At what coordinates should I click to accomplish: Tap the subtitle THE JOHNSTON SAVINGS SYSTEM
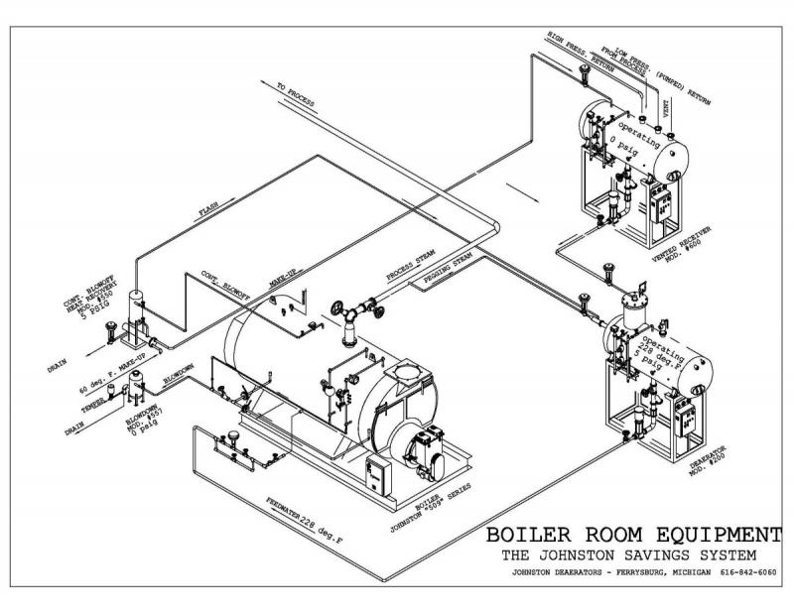[629, 553]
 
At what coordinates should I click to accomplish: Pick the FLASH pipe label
[207, 211]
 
